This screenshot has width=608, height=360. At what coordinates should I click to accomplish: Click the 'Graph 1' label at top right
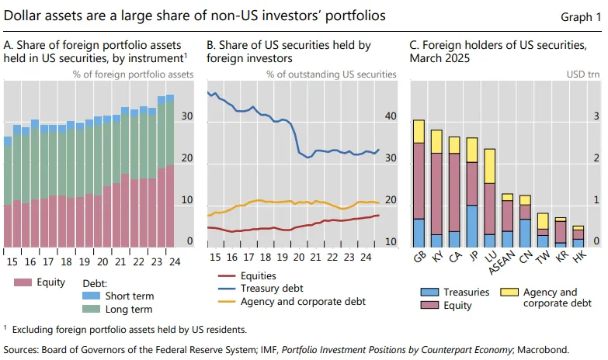tap(581, 17)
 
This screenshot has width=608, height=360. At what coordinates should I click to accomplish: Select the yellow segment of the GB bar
tap(419, 131)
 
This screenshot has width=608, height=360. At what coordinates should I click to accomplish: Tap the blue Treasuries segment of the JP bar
tap(472, 226)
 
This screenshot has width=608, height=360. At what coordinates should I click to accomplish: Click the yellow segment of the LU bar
tap(490, 166)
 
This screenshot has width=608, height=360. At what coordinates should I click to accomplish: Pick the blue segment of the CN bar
tap(526, 234)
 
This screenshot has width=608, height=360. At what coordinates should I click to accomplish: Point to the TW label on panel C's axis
tap(543, 257)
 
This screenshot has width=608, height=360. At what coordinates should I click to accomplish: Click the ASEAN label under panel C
tap(502, 262)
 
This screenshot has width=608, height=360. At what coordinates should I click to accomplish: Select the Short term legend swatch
tap(91, 296)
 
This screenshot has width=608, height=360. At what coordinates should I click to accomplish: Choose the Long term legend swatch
tap(91, 309)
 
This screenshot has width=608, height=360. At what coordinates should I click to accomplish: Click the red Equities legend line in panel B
tap(227, 276)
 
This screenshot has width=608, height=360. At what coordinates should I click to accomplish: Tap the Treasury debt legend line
tap(227, 289)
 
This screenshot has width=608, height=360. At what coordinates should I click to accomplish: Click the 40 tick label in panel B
tap(391, 116)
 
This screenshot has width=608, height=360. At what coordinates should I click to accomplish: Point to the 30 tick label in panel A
tap(187, 116)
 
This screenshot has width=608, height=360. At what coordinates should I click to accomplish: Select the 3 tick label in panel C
tap(596, 116)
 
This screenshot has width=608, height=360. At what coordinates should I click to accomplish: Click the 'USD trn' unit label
tap(583, 74)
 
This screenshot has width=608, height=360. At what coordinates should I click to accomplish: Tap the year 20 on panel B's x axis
tap(299, 257)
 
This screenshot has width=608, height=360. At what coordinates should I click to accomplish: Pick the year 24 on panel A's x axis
tap(175, 262)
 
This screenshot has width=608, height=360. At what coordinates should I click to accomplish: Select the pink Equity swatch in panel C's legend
tap(429, 305)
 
